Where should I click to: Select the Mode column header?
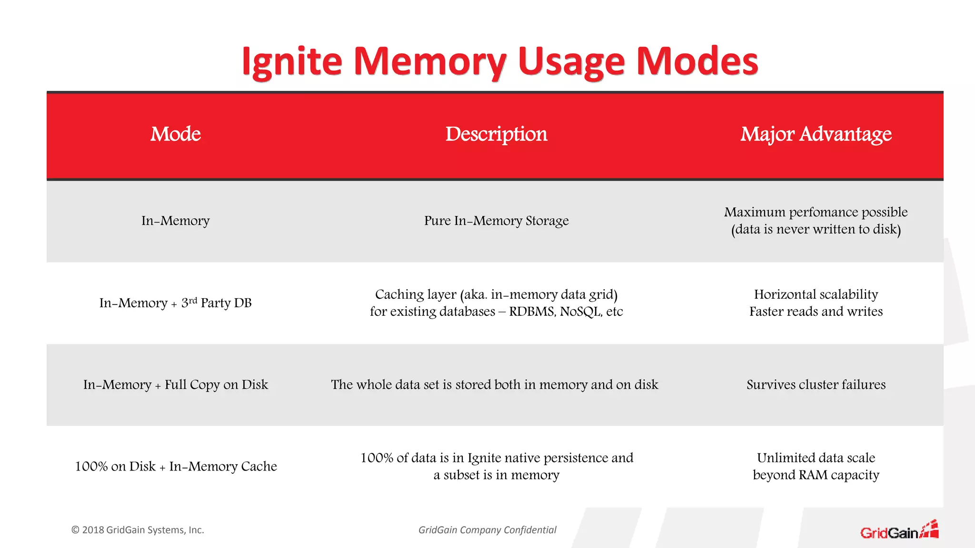176,134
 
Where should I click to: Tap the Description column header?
496,134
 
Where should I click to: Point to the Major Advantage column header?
816,134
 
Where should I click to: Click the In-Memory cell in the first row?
175,221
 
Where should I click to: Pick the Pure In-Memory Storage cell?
496,221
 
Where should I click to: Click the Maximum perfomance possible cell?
816,221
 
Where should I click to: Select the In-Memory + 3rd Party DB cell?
175,303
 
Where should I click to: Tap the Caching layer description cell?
496,303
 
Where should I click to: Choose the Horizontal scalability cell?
816,303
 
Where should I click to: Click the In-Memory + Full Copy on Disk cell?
175,384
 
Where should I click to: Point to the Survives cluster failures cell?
816,384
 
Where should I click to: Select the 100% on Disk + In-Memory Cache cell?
175,466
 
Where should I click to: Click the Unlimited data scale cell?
816,466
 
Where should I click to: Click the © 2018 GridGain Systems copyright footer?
138,530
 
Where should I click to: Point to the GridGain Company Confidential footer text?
487,530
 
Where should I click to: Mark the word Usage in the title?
571,62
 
